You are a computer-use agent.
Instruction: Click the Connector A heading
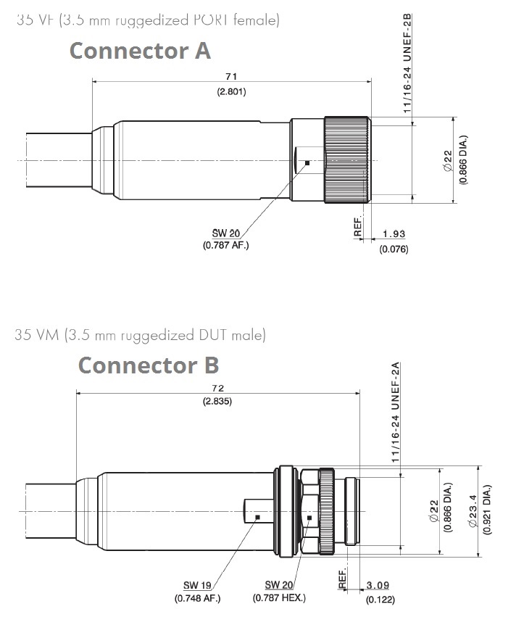pyautogui.click(x=140, y=51)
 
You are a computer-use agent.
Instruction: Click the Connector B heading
pyautogui.click(x=149, y=365)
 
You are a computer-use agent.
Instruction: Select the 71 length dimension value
pyautogui.click(x=231, y=76)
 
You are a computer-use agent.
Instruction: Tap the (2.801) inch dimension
pyautogui.click(x=232, y=91)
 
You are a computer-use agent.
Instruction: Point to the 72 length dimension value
pyautogui.click(x=218, y=388)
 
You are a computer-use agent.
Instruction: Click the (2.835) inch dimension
pyautogui.click(x=217, y=402)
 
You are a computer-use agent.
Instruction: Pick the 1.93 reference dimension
pyautogui.click(x=394, y=233)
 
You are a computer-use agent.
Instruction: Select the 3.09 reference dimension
pyautogui.click(x=378, y=585)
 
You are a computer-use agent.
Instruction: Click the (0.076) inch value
pyautogui.click(x=394, y=249)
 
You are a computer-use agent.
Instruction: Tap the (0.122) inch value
pyautogui.click(x=380, y=600)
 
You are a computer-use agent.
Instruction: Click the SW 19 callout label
pyautogui.click(x=197, y=585)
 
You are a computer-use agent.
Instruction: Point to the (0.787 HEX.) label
pyautogui.click(x=279, y=597)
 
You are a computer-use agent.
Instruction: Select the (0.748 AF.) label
pyautogui.click(x=197, y=598)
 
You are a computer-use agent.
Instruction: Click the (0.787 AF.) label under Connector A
pyautogui.click(x=226, y=245)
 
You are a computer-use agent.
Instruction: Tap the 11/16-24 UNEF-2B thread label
pyautogui.click(x=407, y=63)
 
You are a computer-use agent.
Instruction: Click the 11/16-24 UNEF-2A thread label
pyautogui.click(x=396, y=413)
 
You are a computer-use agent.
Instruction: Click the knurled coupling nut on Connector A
pyautogui.click(x=347, y=160)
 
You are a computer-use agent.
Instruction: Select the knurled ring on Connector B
pyautogui.click(x=326, y=512)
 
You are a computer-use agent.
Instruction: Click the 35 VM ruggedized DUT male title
pyautogui.click(x=141, y=335)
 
